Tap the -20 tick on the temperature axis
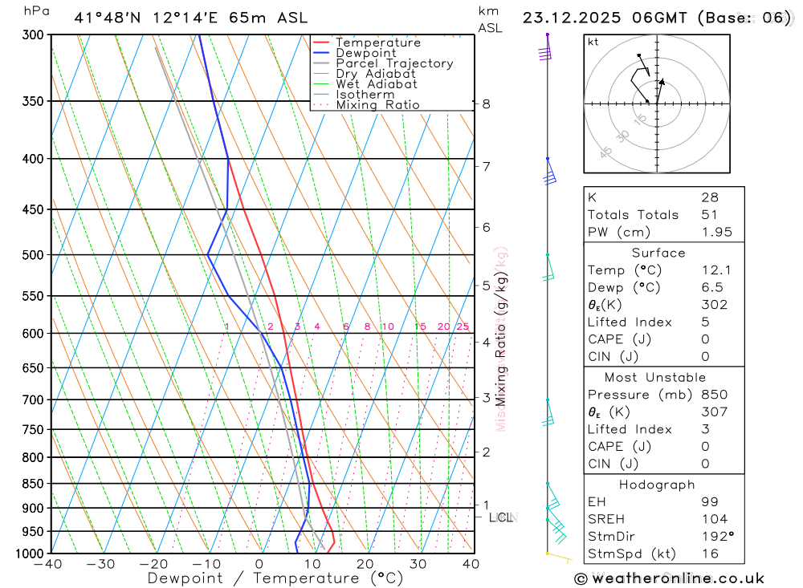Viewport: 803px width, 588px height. (154, 564)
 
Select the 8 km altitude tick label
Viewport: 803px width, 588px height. (486, 103)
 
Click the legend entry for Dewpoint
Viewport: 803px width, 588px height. (365, 53)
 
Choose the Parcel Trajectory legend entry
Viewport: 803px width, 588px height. (394, 63)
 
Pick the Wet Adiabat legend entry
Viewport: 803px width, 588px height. (377, 84)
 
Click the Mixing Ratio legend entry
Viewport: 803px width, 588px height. (377, 105)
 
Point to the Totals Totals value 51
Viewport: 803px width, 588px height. (709, 214)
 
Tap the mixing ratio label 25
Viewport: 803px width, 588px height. (463, 326)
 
